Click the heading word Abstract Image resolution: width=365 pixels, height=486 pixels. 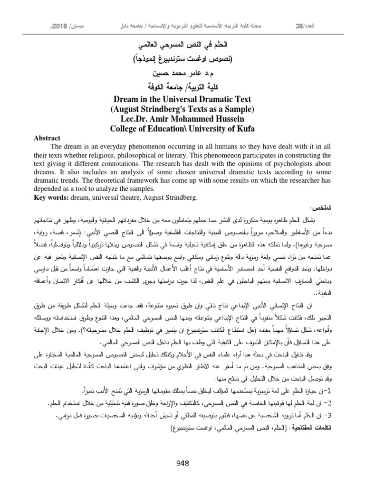(47, 138)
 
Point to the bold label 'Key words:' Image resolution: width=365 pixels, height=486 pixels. (49, 196)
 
